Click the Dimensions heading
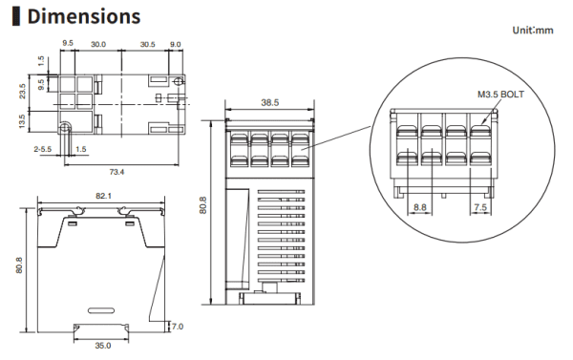pos(84,16)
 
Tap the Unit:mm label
pos(533,31)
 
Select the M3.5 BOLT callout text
pos(500,95)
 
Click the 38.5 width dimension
pos(269,103)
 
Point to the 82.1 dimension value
pos(103,196)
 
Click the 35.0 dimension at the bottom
pos(103,346)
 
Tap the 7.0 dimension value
pos(178,327)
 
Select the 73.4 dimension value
pos(117,172)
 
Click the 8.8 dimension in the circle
pos(420,207)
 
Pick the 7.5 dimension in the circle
pos(480,207)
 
